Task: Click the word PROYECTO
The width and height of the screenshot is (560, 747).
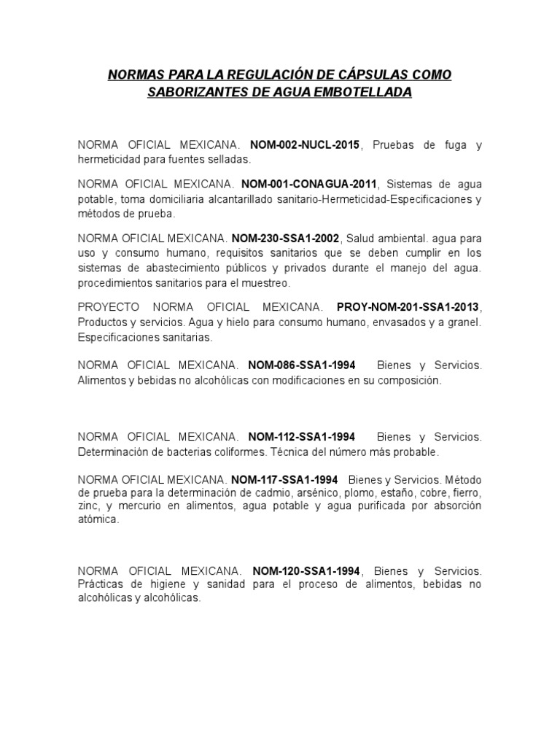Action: pyautogui.click(x=106, y=305)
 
